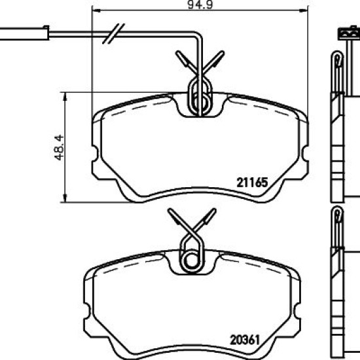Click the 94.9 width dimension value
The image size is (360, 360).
(x=200, y=5)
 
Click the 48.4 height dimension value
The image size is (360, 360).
(x=59, y=147)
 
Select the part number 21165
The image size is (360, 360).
(x=252, y=183)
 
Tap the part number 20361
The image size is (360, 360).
(x=245, y=340)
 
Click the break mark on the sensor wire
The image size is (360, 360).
(x=113, y=33)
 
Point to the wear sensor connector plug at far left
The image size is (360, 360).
(x=24, y=33)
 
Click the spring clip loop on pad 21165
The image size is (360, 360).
(x=200, y=96)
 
